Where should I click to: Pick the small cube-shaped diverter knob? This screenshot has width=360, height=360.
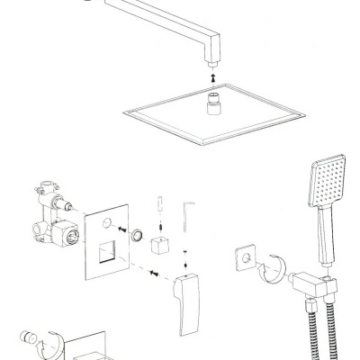(x=162, y=246)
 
